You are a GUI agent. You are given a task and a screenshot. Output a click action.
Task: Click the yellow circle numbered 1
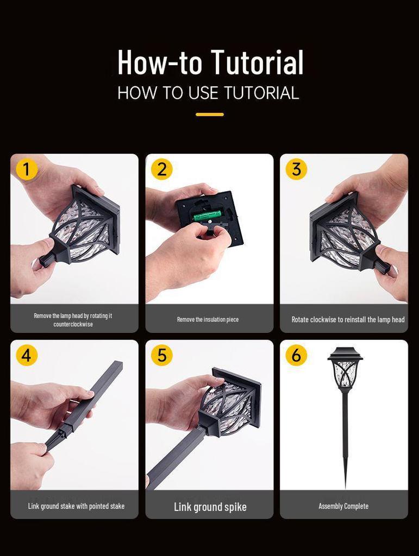point(27,169)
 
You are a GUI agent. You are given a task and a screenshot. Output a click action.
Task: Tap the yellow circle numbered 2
point(162,169)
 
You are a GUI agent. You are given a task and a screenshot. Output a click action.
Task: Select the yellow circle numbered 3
point(296,169)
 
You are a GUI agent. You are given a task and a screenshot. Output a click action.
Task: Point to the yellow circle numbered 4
point(27,355)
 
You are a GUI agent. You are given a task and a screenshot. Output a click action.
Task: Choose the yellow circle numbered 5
point(162,355)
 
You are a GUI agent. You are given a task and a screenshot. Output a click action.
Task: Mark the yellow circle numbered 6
point(296,355)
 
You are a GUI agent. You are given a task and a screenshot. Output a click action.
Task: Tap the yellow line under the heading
point(210,115)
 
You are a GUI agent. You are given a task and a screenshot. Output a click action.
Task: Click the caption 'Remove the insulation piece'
point(208,319)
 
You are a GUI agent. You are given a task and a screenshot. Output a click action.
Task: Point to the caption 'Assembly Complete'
point(343,506)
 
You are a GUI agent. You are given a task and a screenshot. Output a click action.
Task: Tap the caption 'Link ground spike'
point(210,507)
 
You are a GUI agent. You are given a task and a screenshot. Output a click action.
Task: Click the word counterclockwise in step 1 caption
point(73,324)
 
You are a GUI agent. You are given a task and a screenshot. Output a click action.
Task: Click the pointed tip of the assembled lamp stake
point(345,488)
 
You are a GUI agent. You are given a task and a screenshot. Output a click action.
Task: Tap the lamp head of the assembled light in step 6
point(345,369)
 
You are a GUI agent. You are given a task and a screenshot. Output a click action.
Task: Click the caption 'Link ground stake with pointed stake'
point(76,506)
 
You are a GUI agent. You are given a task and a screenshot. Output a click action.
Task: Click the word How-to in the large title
point(160,62)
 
